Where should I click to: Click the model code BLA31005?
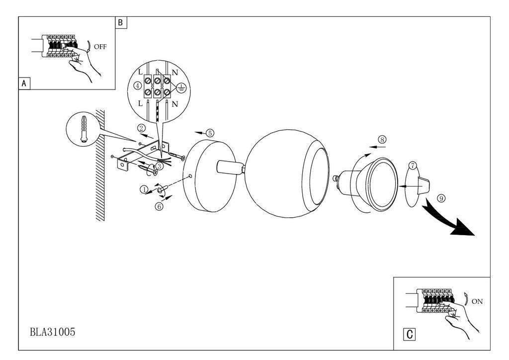(x=53, y=332)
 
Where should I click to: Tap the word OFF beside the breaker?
(x=100, y=47)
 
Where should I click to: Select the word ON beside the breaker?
(x=477, y=301)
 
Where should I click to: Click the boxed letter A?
(x=24, y=84)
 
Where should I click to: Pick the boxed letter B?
(x=121, y=23)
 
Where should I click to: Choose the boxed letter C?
(x=410, y=334)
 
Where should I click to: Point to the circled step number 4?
(x=138, y=86)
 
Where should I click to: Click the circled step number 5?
(x=210, y=133)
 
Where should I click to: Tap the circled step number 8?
(x=382, y=140)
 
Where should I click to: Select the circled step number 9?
(x=440, y=198)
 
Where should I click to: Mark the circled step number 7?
(x=412, y=166)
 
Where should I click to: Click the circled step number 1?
(x=144, y=189)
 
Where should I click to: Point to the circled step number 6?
(x=159, y=206)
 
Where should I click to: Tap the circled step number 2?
(x=141, y=128)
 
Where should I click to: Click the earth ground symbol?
(x=181, y=88)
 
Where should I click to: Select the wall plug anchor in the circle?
(x=84, y=128)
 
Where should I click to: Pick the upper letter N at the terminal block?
(x=174, y=72)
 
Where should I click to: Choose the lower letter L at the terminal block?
(x=140, y=103)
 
